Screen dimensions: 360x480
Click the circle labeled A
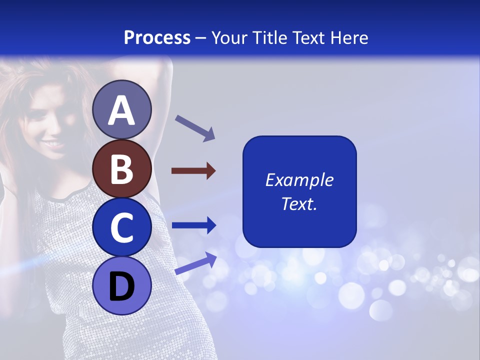[x=122, y=110]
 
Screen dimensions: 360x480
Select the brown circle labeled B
[x=122, y=169]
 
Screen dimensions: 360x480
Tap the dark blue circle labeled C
[x=122, y=227]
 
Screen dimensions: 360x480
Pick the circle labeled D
[x=122, y=285]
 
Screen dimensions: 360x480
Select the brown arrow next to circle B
[x=193, y=171]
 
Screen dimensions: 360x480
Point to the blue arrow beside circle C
[x=193, y=225]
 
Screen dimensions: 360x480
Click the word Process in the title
[x=157, y=38]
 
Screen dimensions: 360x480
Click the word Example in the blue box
[x=299, y=180]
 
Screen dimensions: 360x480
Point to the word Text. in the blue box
[x=299, y=203]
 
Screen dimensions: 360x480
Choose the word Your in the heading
[x=228, y=38]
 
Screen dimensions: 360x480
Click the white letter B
[x=121, y=169]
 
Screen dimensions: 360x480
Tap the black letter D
[x=122, y=286]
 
